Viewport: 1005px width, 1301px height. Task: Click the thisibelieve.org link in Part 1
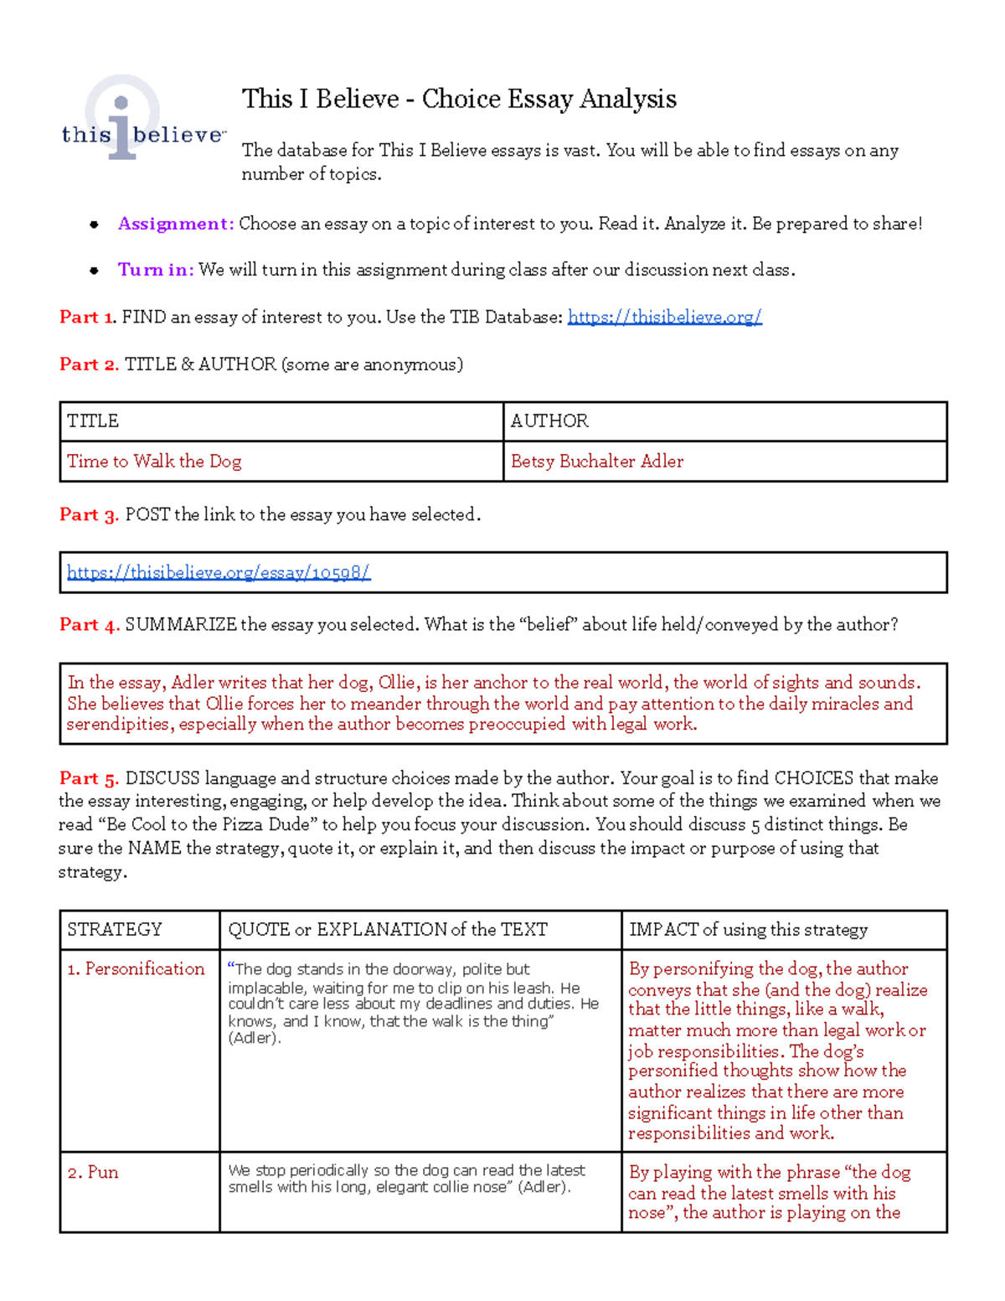pyautogui.click(x=664, y=317)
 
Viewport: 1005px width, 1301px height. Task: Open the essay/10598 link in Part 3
pyautogui.click(x=219, y=572)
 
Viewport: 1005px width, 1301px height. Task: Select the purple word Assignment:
pyautogui.click(x=175, y=224)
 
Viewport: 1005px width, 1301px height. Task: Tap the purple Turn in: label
pyautogui.click(x=156, y=270)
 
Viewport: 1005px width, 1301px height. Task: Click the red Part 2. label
pyautogui.click(x=89, y=364)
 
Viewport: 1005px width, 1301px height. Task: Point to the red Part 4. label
pyautogui.click(x=89, y=625)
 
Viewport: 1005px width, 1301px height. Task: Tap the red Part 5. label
pyautogui.click(x=89, y=778)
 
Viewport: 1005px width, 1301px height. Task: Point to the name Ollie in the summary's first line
pyautogui.click(x=396, y=683)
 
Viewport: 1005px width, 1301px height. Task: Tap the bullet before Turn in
pyautogui.click(x=95, y=271)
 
